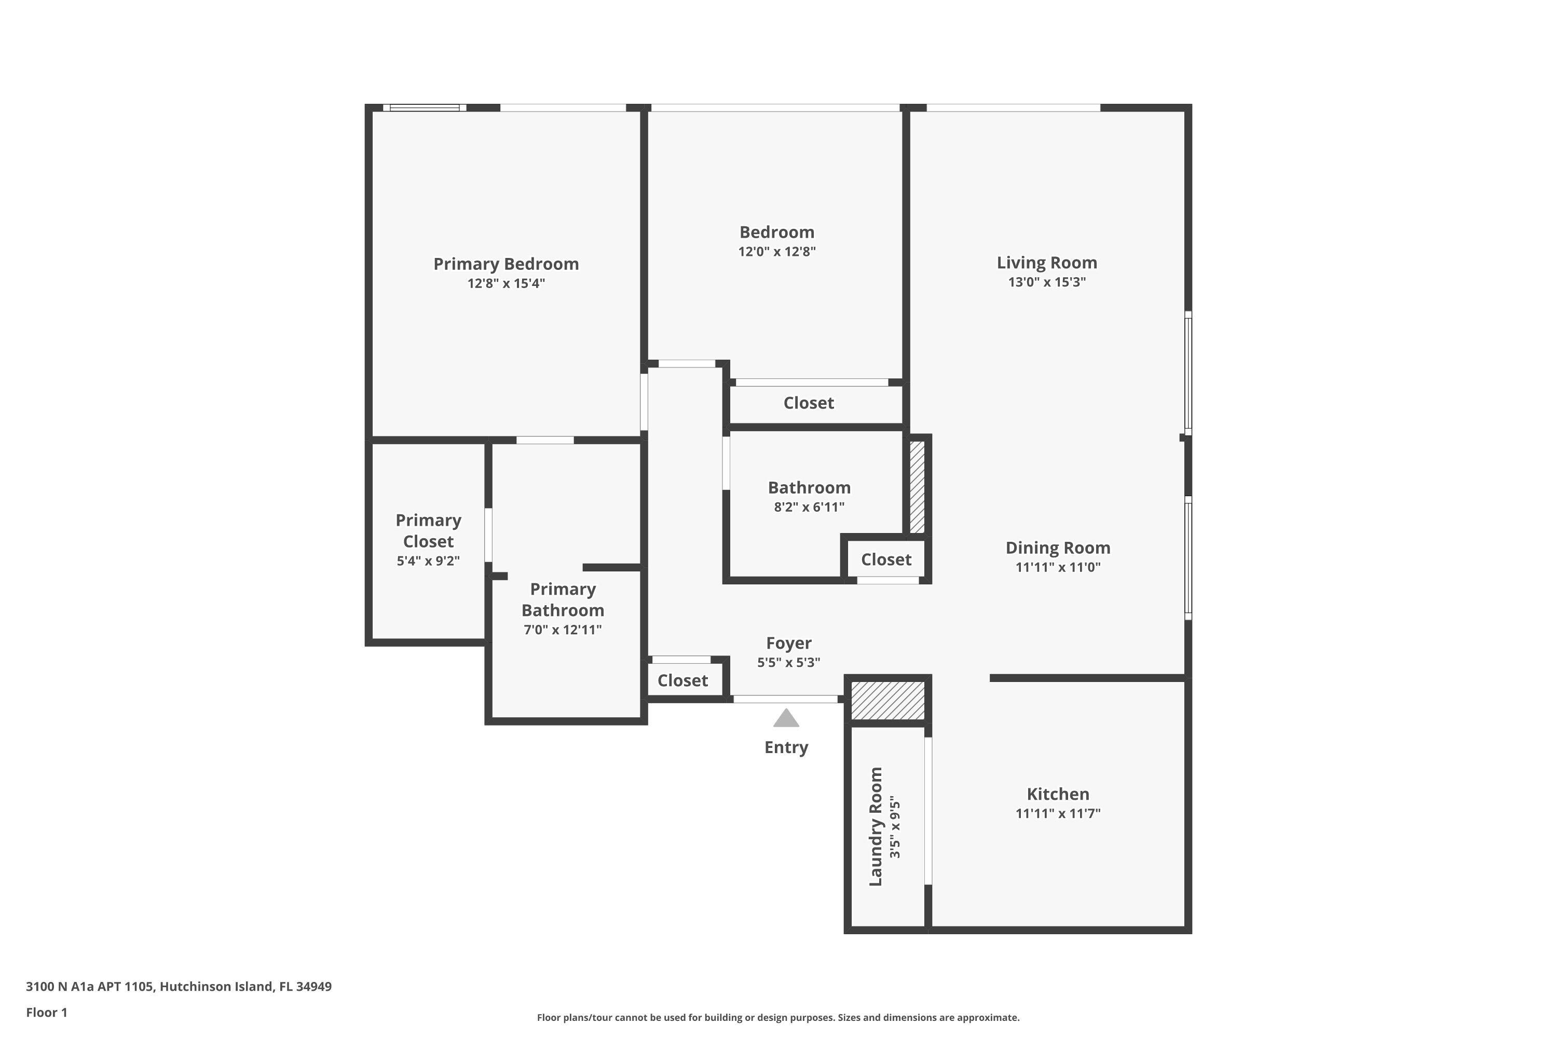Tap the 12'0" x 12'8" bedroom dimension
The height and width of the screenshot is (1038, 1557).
pyautogui.click(x=776, y=252)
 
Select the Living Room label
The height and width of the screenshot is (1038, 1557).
pyautogui.click(x=1047, y=263)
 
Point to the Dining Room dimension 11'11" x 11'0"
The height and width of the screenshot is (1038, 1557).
pyautogui.click(x=1057, y=567)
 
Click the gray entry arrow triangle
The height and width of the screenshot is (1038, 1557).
pyautogui.click(x=786, y=719)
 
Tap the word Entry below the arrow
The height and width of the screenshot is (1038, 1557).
pyautogui.click(x=786, y=747)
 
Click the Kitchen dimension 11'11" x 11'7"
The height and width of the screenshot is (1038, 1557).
pyautogui.click(x=1057, y=814)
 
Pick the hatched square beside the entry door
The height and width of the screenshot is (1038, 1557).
pyautogui.click(x=887, y=700)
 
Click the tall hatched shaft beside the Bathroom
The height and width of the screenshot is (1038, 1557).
pyautogui.click(x=917, y=487)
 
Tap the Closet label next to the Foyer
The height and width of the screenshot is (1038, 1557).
pyautogui.click(x=682, y=680)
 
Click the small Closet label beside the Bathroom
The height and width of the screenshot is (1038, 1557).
pyautogui.click(x=886, y=560)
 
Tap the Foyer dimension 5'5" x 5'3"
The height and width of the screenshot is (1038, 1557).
pyautogui.click(x=788, y=663)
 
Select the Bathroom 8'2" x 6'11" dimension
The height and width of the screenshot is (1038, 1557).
pyautogui.click(x=809, y=508)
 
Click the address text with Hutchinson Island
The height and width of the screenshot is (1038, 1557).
pyautogui.click(x=179, y=987)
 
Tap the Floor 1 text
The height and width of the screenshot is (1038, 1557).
pyautogui.click(x=46, y=1012)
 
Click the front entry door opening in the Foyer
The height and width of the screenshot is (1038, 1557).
pyautogui.click(x=785, y=699)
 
